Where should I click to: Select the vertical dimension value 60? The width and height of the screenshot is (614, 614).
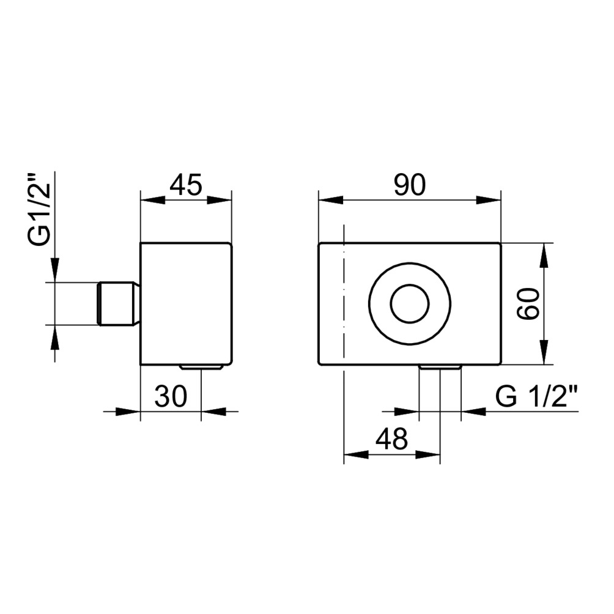(x=528, y=303)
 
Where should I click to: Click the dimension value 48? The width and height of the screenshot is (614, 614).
(x=391, y=438)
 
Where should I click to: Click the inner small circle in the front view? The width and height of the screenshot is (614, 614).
(x=410, y=304)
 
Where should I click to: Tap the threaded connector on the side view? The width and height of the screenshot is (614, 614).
(x=118, y=303)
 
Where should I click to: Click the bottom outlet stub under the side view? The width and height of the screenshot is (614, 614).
(x=201, y=368)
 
